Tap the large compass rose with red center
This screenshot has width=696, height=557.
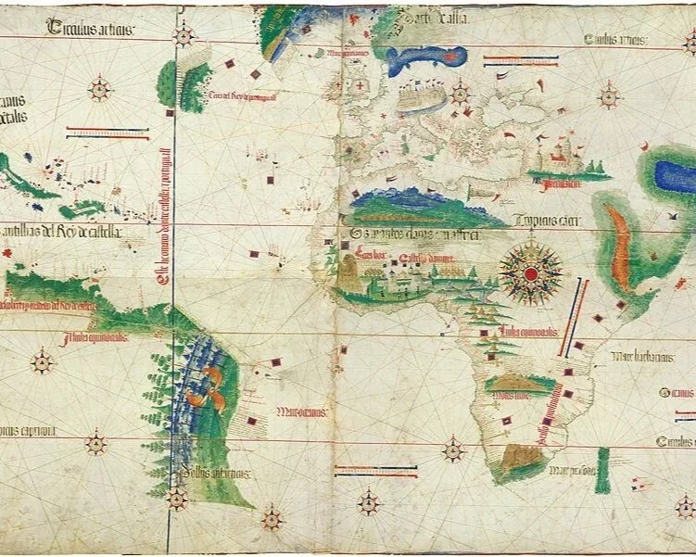pyautogui.click(x=530, y=273)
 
